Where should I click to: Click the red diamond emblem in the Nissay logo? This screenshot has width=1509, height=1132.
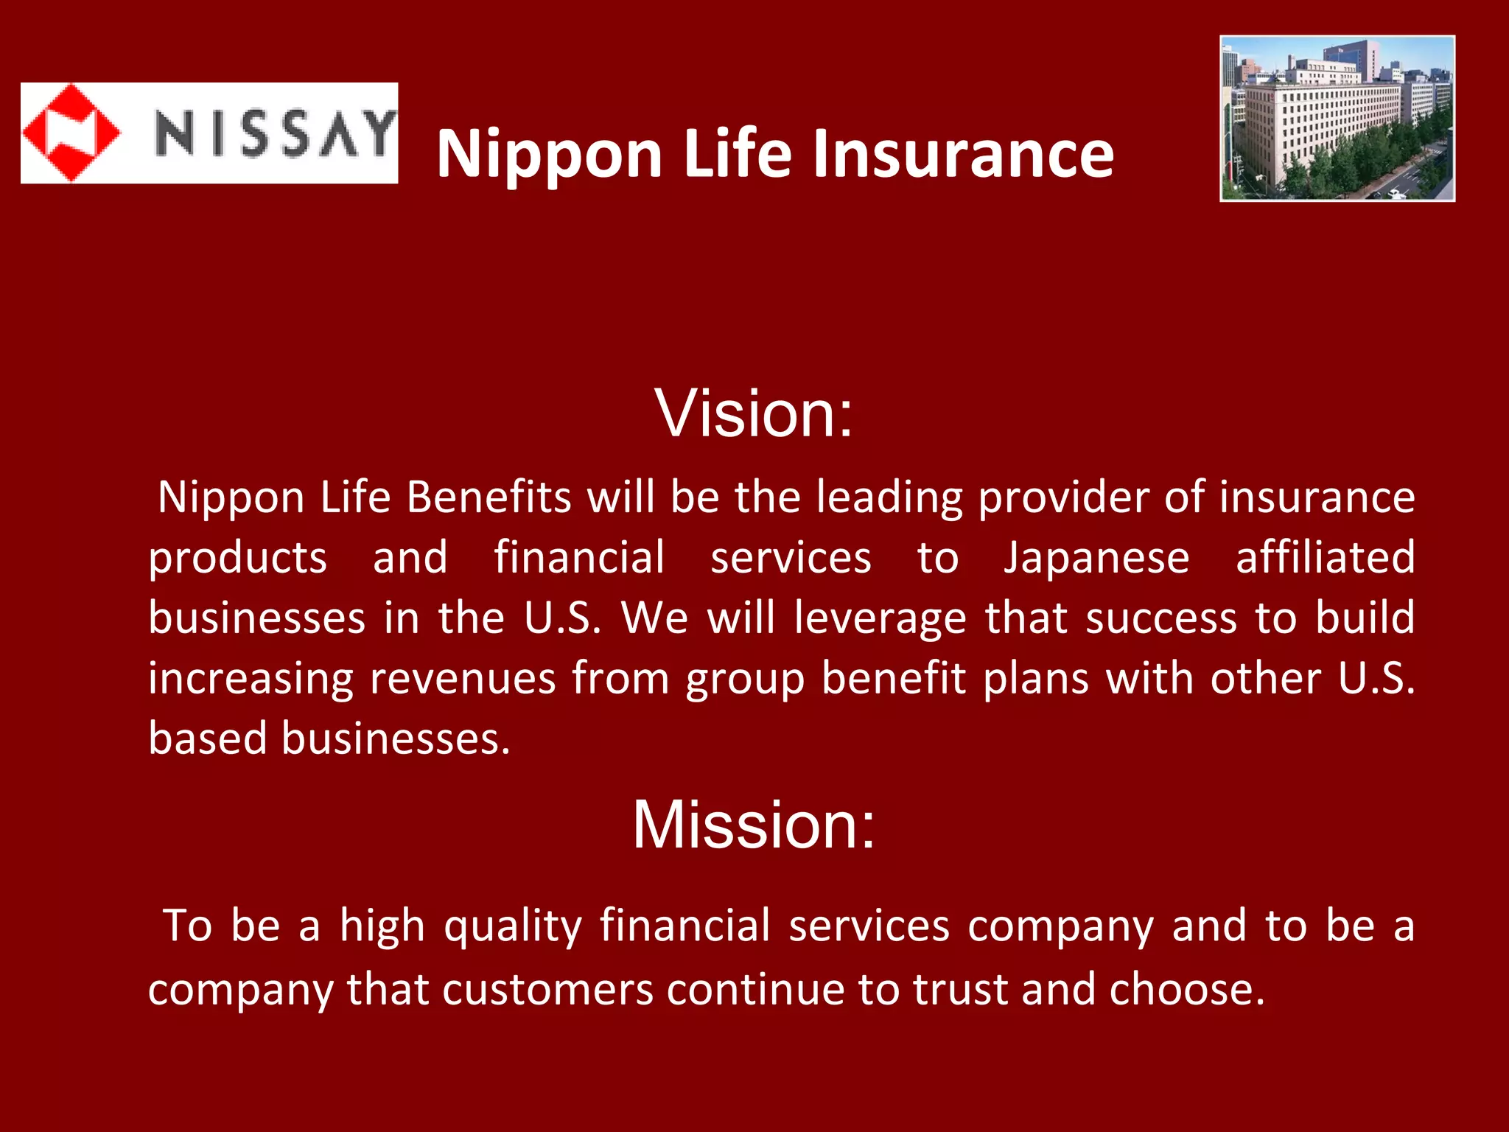click(71, 133)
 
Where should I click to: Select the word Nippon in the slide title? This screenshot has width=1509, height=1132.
click(550, 155)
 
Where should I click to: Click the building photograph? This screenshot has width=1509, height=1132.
click(1337, 118)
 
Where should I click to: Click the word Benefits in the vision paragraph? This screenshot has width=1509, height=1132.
click(489, 497)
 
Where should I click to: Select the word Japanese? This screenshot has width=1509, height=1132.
click(1096, 557)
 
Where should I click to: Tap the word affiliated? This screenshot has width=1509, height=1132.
click(1325, 557)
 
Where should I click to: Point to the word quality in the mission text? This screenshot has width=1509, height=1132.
click(513, 926)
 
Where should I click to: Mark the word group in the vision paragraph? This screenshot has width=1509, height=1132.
click(745, 679)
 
